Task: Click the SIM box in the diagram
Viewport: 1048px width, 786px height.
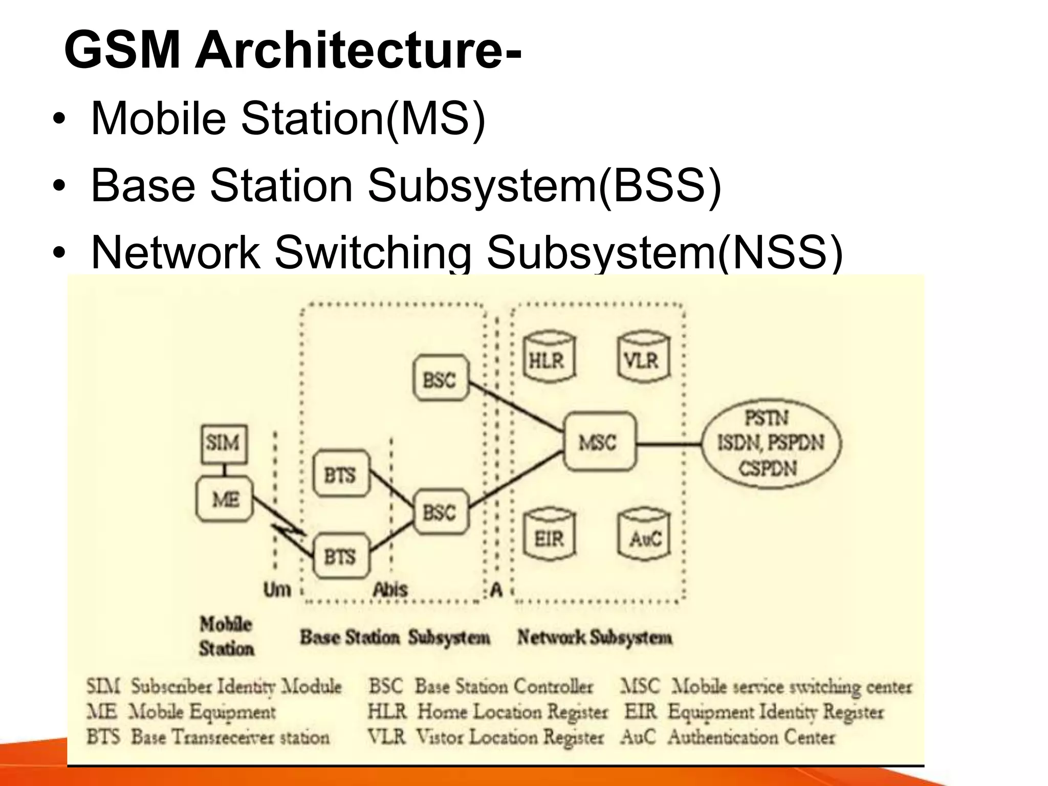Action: point(224,444)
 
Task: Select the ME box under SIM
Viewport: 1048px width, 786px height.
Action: point(225,499)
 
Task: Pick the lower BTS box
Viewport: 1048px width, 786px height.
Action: point(341,556)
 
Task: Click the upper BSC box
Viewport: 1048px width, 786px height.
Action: point(440,379)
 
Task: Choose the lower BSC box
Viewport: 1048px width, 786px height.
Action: point(440,512)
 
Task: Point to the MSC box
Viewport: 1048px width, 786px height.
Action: point(599,442)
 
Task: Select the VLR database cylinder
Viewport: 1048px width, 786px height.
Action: point(643,358)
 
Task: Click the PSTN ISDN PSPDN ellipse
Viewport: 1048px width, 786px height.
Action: point(771,443)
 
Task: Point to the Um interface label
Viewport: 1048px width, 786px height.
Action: point(277,589)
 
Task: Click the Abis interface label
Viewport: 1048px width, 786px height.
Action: point(390,589)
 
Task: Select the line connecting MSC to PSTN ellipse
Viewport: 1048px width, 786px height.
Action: point(668,443)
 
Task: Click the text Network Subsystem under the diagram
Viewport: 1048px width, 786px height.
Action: point(595,637)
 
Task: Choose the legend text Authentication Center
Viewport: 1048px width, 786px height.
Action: point(751,737)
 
